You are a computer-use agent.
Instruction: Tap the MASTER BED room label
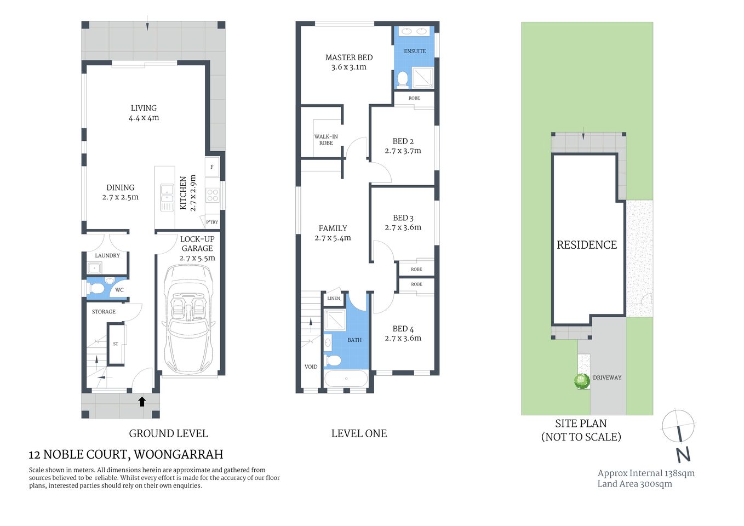(348, 58)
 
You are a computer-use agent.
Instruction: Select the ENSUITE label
(415, 52)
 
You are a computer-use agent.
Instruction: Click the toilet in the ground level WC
(97, 288)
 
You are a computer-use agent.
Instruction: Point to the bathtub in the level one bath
(346, 379)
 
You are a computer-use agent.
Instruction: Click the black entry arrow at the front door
(142, 402)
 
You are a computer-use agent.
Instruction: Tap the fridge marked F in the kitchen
(212, 167)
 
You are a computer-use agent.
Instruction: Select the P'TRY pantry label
(212, 222)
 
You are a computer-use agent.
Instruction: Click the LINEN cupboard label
(334, 299)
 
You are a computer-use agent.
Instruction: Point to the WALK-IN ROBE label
(326, 140)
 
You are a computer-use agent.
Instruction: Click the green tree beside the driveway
(582, 380)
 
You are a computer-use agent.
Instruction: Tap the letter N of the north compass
(683, 455)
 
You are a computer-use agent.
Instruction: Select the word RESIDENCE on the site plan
(587, 245)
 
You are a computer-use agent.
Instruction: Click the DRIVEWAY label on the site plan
(607, 378)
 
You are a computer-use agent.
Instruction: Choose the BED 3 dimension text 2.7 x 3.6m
(403, 227)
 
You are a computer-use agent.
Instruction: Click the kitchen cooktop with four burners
(213, 195)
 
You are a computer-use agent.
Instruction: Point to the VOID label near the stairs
(311, 367)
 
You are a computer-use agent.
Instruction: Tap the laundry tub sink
(94, 268)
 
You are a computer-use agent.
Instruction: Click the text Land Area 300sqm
(634, 484)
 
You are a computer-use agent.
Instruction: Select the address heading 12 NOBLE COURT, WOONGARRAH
(126, 454)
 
